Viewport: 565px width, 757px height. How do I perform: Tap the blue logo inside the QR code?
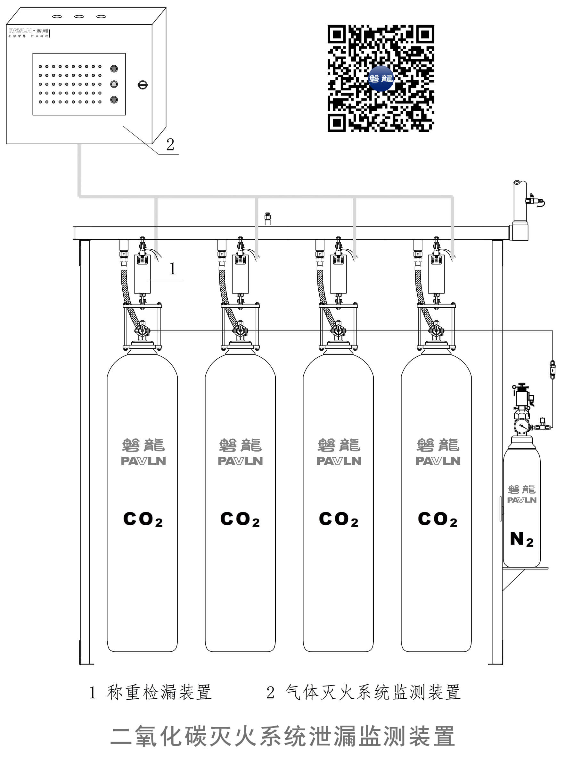381,79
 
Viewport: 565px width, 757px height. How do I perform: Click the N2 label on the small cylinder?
521,540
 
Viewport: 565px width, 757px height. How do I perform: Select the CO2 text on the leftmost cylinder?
143,520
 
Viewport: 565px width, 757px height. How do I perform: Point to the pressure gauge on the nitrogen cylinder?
521,426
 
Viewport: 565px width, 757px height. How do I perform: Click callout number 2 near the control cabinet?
170,145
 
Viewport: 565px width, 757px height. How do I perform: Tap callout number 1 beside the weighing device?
173,269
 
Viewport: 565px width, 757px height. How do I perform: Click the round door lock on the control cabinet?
143,85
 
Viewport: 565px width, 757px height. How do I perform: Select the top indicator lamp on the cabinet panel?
114,69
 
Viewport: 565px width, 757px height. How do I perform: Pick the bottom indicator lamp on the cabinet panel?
114,100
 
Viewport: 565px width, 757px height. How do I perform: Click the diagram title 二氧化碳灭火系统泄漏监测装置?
282,736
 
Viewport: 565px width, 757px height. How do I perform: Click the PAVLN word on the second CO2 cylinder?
240,461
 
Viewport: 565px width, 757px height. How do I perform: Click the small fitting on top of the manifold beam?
267,219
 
